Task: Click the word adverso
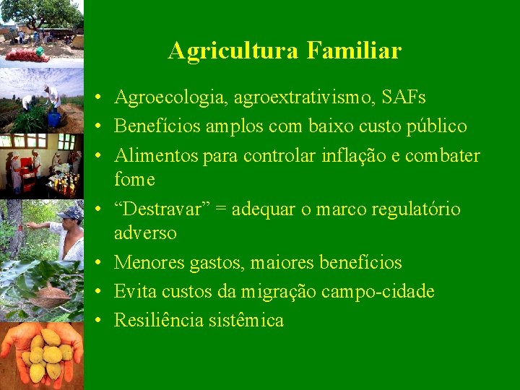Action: (145, 233)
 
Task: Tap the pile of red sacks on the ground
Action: (26, 54)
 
